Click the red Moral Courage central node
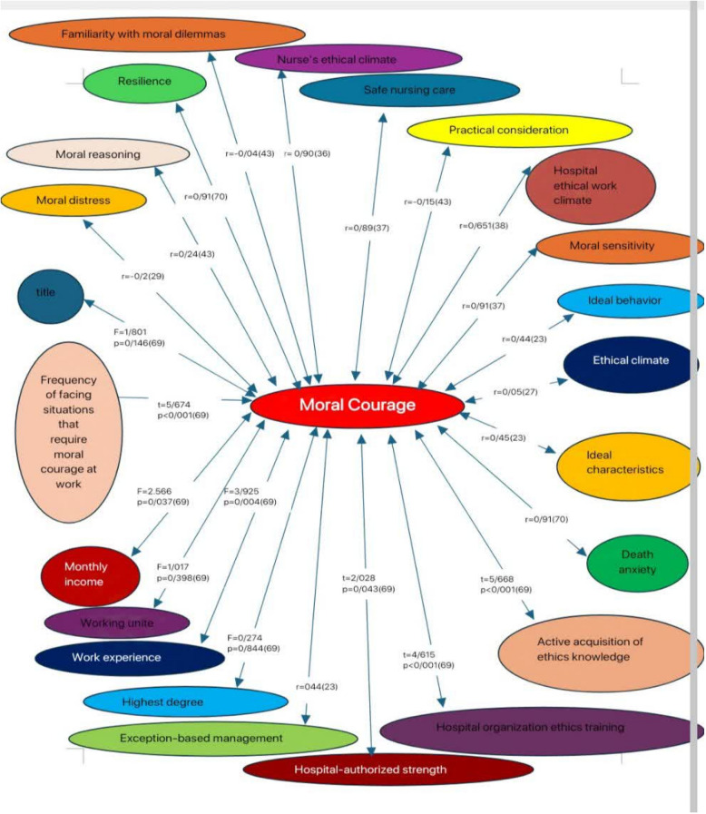point(358,406)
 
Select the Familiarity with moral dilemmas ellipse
point(156,34)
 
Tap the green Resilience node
point(143,82)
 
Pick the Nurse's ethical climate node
point(348,59)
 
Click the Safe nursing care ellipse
point(409,91)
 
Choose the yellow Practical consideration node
point(508,130)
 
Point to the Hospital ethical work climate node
point(590,186)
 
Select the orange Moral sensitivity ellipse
point(619,246)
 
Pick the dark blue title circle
point(51,293)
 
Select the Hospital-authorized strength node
point(388,770)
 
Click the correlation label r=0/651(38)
point(484,226)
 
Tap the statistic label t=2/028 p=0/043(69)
point(368,583)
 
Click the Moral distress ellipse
point(73,200)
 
